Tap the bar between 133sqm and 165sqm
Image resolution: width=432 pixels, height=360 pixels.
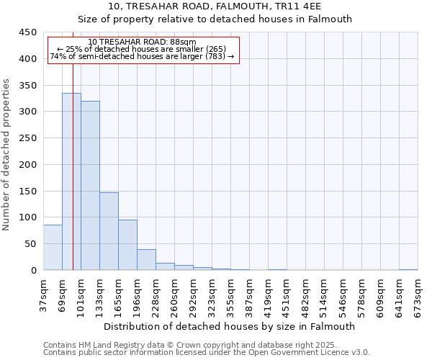[109, 231]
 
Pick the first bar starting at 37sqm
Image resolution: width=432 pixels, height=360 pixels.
[53, 248]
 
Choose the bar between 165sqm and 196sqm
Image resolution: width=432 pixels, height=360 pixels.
[127, 245]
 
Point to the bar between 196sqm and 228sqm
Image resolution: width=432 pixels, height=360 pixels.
[146, 260]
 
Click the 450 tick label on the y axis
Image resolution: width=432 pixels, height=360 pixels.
[27, 32]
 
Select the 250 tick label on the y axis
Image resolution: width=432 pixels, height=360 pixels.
[27, 138]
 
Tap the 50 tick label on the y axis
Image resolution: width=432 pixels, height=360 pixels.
[30, 244]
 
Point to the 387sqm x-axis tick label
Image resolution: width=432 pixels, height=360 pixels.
[249, 295]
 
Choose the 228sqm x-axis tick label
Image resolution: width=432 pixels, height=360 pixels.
[156, 295]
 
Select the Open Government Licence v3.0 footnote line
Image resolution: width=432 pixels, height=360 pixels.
[207, 353]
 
